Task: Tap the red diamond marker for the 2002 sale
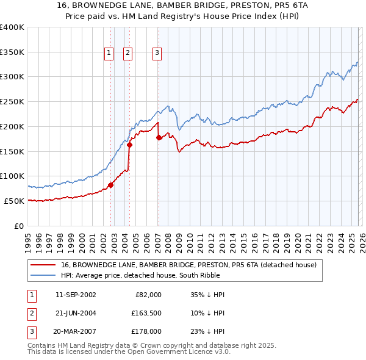point(110,185)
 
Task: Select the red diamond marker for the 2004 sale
point(130,145)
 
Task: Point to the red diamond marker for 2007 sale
point(159,137)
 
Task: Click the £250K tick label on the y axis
point(12,102)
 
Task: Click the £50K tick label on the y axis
point(14,201)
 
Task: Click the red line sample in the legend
point(43,265)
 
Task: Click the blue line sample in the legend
point(43,275)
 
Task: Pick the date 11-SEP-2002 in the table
point(76,295)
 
